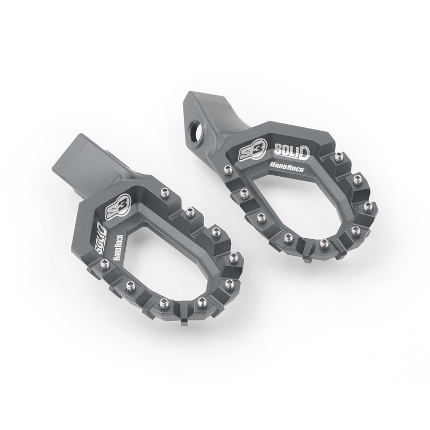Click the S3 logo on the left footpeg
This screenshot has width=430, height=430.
click(119, 205)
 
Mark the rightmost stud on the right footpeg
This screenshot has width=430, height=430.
click(368, 206)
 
